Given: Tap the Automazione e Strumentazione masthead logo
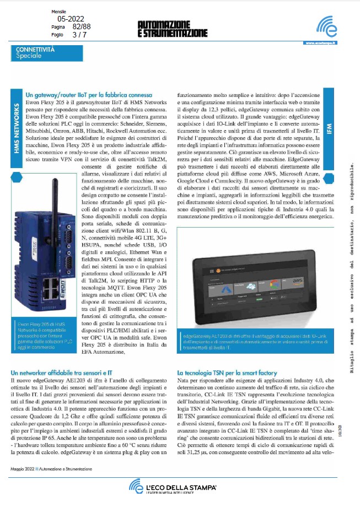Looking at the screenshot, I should pos(172,30).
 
